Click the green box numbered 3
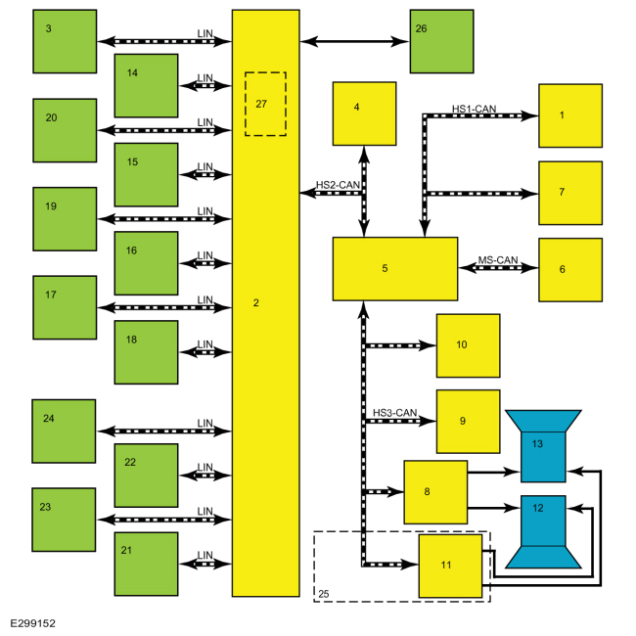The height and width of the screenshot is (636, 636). click(65, 41)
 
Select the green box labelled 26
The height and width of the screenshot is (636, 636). click(441, 41)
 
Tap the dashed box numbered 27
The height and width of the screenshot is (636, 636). click(266, 105)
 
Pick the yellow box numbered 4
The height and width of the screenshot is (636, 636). click(364, 114)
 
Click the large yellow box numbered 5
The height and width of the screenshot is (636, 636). click(395, 269)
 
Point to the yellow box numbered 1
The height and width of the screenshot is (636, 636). click(570, 115)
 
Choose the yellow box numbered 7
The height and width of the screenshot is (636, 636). click(570, 193)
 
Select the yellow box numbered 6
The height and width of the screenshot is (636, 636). click(570, 270)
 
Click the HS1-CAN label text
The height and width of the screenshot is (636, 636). click(475, 109)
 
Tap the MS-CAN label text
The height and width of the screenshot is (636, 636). click(498, 260)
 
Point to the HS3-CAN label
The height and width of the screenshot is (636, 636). click(394, 413)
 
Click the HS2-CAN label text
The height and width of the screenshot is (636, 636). click(338, 185)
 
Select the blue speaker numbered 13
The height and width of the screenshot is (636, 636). click(543, 446)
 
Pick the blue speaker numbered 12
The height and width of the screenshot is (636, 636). click(543, 531)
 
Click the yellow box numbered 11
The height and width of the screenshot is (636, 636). click(450, 566)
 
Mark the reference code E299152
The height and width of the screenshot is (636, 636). click(32, 623)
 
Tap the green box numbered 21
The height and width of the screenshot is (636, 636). click(146, 564)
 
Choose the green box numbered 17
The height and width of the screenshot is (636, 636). click(65, 307)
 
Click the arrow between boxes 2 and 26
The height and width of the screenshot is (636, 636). click(354, 41)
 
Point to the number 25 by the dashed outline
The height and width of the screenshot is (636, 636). click(323, 594)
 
